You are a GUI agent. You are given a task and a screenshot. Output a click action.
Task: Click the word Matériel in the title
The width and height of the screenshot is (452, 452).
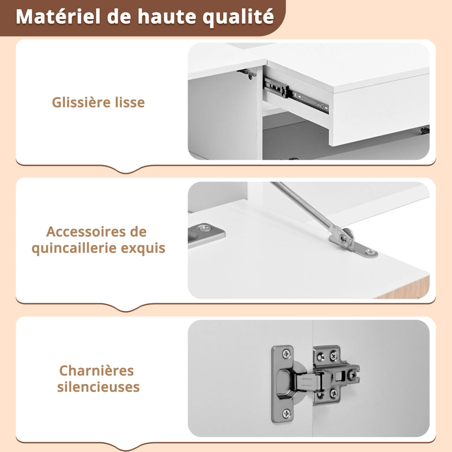click(x=58, y=16)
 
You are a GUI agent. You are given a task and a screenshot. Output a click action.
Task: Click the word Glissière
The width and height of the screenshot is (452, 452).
click(x=81, y=102)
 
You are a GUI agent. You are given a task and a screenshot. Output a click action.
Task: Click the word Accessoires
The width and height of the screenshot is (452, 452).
click(x=86, y=232)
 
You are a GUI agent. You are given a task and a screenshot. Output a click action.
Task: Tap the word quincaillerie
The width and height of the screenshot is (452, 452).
click(x=74, y=248)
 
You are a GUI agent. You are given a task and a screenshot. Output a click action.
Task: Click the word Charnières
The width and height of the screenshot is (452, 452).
click(x=97, y=371)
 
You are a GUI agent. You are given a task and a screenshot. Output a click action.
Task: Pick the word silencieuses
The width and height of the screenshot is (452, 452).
click(x=98, y=387)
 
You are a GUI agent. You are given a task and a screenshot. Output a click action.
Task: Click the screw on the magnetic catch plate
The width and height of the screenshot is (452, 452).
click(x=205, y=229)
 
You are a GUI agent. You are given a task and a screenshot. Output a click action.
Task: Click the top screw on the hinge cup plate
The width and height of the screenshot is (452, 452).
click(x=286, y=354)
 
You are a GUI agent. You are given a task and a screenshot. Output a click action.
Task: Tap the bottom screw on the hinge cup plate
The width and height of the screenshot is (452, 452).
click(x=286, y=413)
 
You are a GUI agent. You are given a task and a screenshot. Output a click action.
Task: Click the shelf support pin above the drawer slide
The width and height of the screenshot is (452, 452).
click(x=247, y=73)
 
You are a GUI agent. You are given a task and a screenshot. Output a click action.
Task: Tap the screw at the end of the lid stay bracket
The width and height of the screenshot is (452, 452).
click(x=371, y=253)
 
